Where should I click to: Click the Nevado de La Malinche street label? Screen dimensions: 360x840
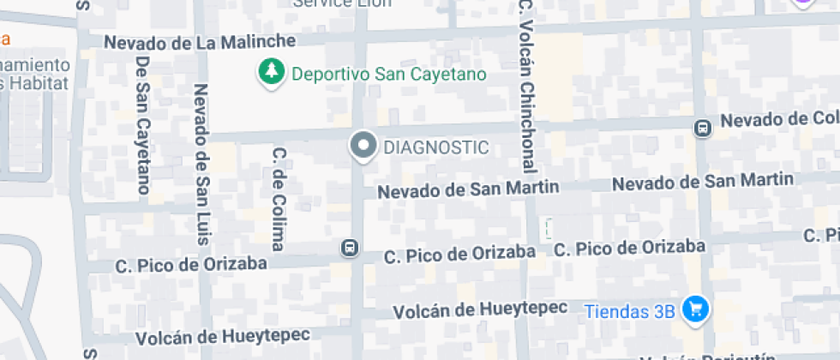pyautogui.click(x=200, y=41)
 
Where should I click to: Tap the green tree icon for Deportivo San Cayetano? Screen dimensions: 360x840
pyautogui.click(x=272, y=73)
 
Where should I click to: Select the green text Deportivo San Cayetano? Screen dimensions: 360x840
pyautogui.click(x=389, y=74)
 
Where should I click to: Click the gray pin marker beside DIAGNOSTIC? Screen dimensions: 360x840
pyautogui.click(x=363, y=147)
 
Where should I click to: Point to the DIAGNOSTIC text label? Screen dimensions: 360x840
pyautogui.click(x=436, y=147)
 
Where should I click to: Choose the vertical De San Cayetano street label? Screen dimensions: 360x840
pyautogui.click(x=143, y=125)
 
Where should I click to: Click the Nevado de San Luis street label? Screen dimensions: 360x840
pyautogui.click(x=202, y=164)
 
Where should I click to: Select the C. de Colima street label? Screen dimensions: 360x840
pyautogui.click(x=278, y=198)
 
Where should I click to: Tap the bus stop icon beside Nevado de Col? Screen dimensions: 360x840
pyautogui.click(x=702, y=128)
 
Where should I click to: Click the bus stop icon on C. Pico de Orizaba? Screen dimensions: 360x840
pyautogui.click(x=349, y=248)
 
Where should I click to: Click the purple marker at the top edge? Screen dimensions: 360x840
pyautogui.click(x=802, y=3)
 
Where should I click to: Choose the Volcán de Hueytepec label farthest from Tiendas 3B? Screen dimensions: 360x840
pyautogui.click(x=220, y=335)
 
